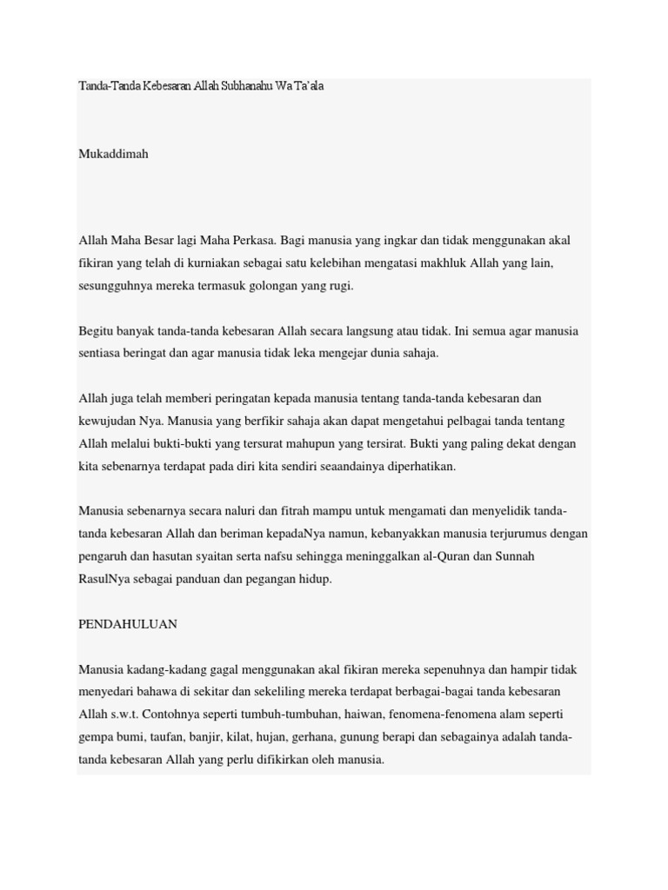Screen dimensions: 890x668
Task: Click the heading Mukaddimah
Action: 113,154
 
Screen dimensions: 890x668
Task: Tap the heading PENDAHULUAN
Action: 128,624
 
